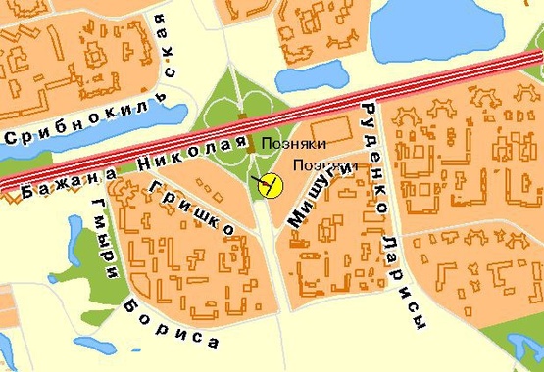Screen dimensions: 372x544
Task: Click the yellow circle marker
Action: (269, 183)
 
